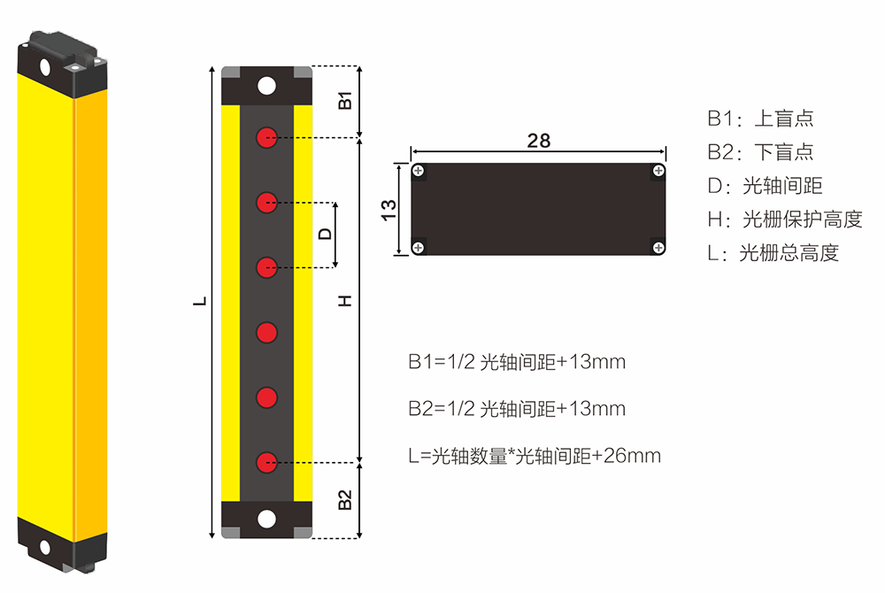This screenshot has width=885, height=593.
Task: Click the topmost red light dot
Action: click(x=266, y=137)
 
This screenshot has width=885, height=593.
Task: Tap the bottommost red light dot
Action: click(x=266, y=463)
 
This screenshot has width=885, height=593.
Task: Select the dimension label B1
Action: click(x=345, y=100)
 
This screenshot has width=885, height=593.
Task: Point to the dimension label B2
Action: click(x=345, y=500)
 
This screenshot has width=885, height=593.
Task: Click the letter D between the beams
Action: click(x=325, y=235)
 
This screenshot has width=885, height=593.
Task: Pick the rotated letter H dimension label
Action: click(x=345, y=301)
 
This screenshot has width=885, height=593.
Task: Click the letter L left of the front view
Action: click(x=200, y=301)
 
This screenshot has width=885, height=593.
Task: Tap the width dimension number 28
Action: click(x=538, y=141)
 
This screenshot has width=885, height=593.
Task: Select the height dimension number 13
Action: click(x=389, y=210)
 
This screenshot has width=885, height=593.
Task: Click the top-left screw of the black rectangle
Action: click(x=419, y=171)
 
